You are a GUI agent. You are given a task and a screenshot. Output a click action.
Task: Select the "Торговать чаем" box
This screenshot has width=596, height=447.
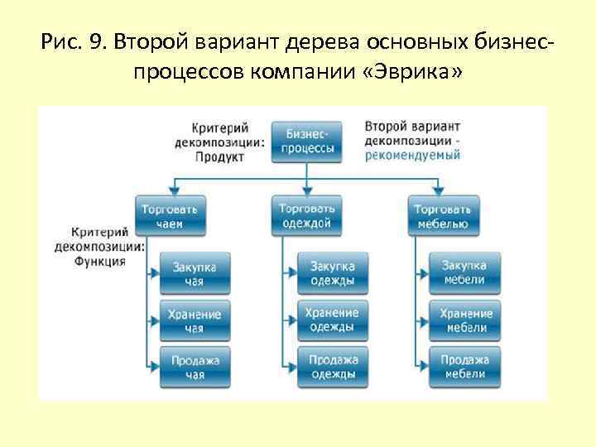click(171, 215)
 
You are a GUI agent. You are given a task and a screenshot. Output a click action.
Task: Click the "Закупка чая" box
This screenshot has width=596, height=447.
click(195, 274)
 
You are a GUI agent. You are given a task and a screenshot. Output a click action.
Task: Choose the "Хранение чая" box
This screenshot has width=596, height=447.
click(195, 321)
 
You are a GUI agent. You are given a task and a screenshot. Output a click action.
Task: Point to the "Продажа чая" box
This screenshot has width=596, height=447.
click(195, 367)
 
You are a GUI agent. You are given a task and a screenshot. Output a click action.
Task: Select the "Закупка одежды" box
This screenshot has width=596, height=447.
click(333, 274)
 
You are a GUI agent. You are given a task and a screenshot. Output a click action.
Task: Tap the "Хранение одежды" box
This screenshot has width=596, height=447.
click(333, 320)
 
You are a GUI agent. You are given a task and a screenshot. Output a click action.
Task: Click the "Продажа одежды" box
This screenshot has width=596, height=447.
click(333, 367)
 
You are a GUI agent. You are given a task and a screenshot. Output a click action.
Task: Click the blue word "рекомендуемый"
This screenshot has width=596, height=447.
click(412, 156)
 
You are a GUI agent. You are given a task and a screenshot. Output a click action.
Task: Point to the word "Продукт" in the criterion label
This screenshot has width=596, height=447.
click(219, 156)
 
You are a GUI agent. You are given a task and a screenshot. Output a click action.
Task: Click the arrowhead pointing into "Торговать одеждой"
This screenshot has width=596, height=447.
click(307, 190)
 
